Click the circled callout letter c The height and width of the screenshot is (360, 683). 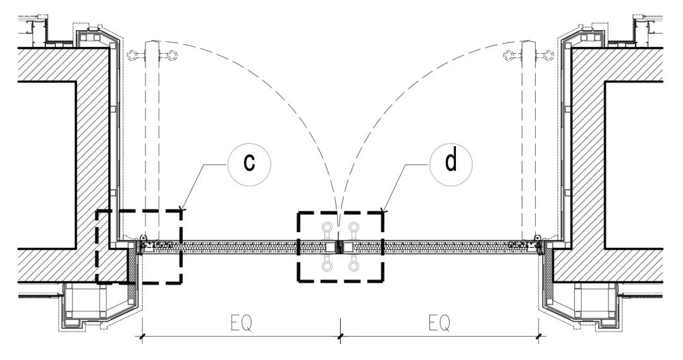click(249, 163)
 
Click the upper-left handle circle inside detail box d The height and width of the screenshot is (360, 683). click(327, 228)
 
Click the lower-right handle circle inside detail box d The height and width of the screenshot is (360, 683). click(354, 267)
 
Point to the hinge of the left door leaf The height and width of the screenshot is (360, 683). click(144, 239)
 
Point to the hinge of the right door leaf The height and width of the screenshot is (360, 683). click(537, 239)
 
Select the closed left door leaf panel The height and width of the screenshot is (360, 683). click(240, 246)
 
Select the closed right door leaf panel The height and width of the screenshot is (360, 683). click(443, 246)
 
